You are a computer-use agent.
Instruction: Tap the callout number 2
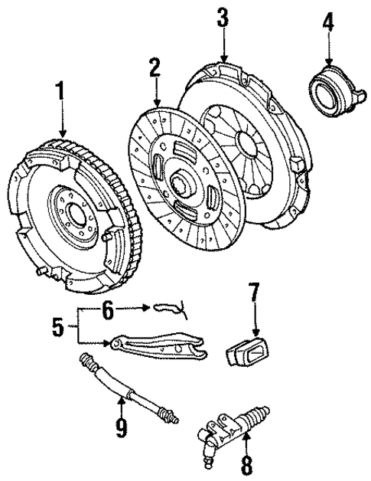155,68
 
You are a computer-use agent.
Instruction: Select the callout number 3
223,18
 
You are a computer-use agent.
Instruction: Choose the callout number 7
255,294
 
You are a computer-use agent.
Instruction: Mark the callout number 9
121,426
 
